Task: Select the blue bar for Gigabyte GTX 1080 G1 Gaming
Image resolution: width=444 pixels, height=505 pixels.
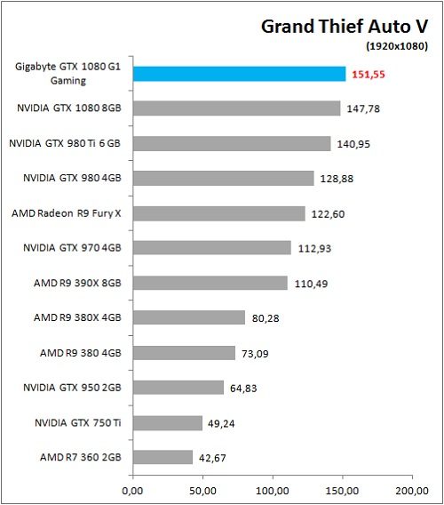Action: click(239, 74)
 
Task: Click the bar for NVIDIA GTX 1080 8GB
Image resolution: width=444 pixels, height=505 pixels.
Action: click(236, 108)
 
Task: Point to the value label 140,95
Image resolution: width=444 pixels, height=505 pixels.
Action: click(353, 143)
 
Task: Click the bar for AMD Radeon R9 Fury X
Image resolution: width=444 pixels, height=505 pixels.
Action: click(218, 213)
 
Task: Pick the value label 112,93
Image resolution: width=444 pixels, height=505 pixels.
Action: click(313, 248)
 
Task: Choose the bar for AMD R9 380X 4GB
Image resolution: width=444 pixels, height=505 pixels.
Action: click(189, 317)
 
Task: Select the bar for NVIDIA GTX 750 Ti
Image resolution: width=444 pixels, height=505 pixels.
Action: click(168, 422)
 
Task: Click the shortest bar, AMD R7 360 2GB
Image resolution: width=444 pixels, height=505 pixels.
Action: click(163, 457)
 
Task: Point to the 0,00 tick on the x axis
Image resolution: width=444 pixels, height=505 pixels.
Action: click(132, 489)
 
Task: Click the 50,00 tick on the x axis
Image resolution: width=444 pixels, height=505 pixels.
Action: click(202, 489)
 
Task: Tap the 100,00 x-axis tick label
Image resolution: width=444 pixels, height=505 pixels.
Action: click(272, 489)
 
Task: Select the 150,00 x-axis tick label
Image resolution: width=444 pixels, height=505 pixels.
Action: click(342, 489)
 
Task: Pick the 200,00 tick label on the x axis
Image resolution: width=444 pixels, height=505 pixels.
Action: click(411, 489)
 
